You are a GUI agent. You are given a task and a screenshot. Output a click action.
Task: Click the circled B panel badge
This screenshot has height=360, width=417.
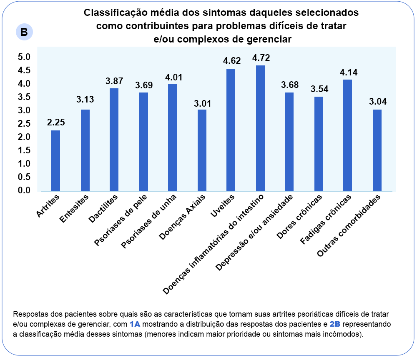(24, 32)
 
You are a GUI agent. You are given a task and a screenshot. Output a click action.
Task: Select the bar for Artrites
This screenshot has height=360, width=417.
(55, 160)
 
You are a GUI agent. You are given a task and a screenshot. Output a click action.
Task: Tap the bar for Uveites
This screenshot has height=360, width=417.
(231, 130)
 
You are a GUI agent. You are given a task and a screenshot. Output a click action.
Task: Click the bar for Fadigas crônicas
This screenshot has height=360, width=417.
(347, 135)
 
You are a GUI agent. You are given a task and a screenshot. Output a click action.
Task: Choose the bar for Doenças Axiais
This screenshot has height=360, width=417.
(202, 150)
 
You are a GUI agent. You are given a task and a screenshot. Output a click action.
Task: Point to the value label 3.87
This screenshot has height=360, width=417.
(114, 81)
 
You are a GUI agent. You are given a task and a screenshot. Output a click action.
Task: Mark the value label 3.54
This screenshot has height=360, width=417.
(319, 89)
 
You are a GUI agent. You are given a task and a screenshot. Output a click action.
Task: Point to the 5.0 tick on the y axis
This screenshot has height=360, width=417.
(24, 57)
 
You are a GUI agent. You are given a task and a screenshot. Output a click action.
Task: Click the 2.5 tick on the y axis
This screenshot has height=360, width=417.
(24, 124)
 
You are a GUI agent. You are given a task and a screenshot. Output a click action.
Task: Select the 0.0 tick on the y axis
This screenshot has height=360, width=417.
(24, 190)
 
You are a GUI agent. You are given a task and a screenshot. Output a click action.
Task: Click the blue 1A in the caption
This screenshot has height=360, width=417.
(135, 324)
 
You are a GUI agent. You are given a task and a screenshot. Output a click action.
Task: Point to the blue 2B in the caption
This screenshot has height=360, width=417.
(335, 324)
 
